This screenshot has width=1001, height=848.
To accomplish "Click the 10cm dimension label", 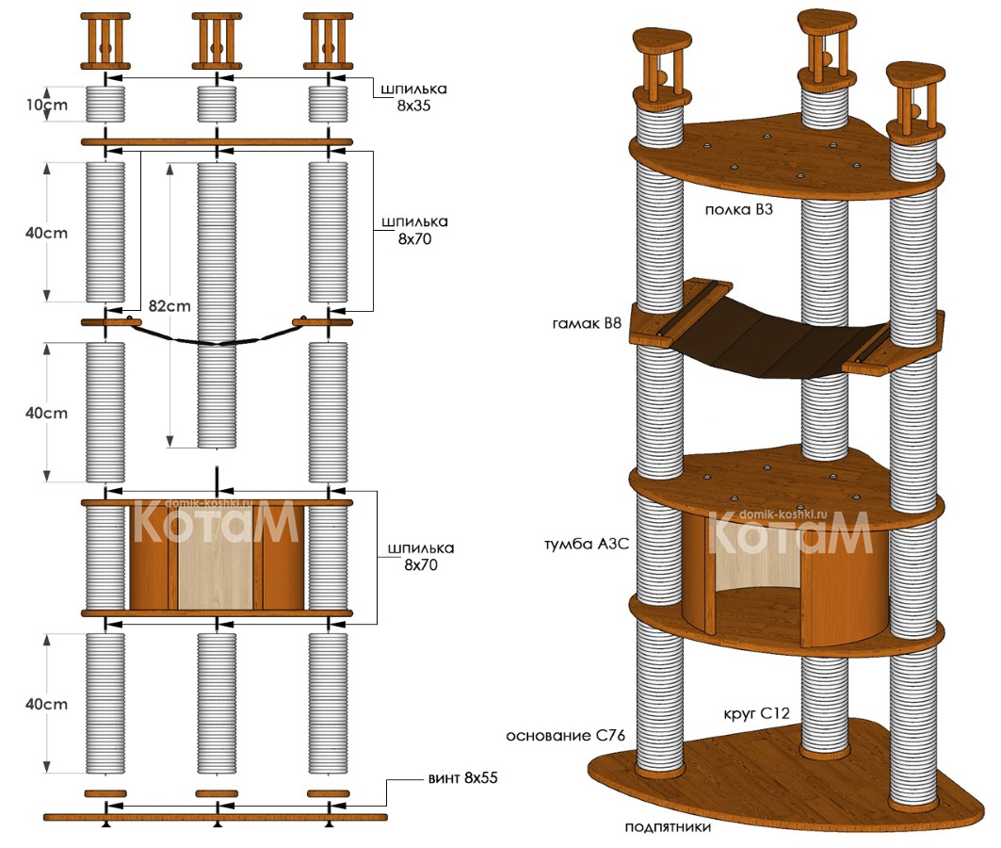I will point(45,105).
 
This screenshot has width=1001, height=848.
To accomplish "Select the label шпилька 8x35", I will point(414,97).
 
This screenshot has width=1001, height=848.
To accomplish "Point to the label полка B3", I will point(738,209).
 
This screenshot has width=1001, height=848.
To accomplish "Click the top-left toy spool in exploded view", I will point(105,42).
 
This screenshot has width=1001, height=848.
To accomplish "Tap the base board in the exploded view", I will point(216,815).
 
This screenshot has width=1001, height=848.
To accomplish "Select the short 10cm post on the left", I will point(105,104).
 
